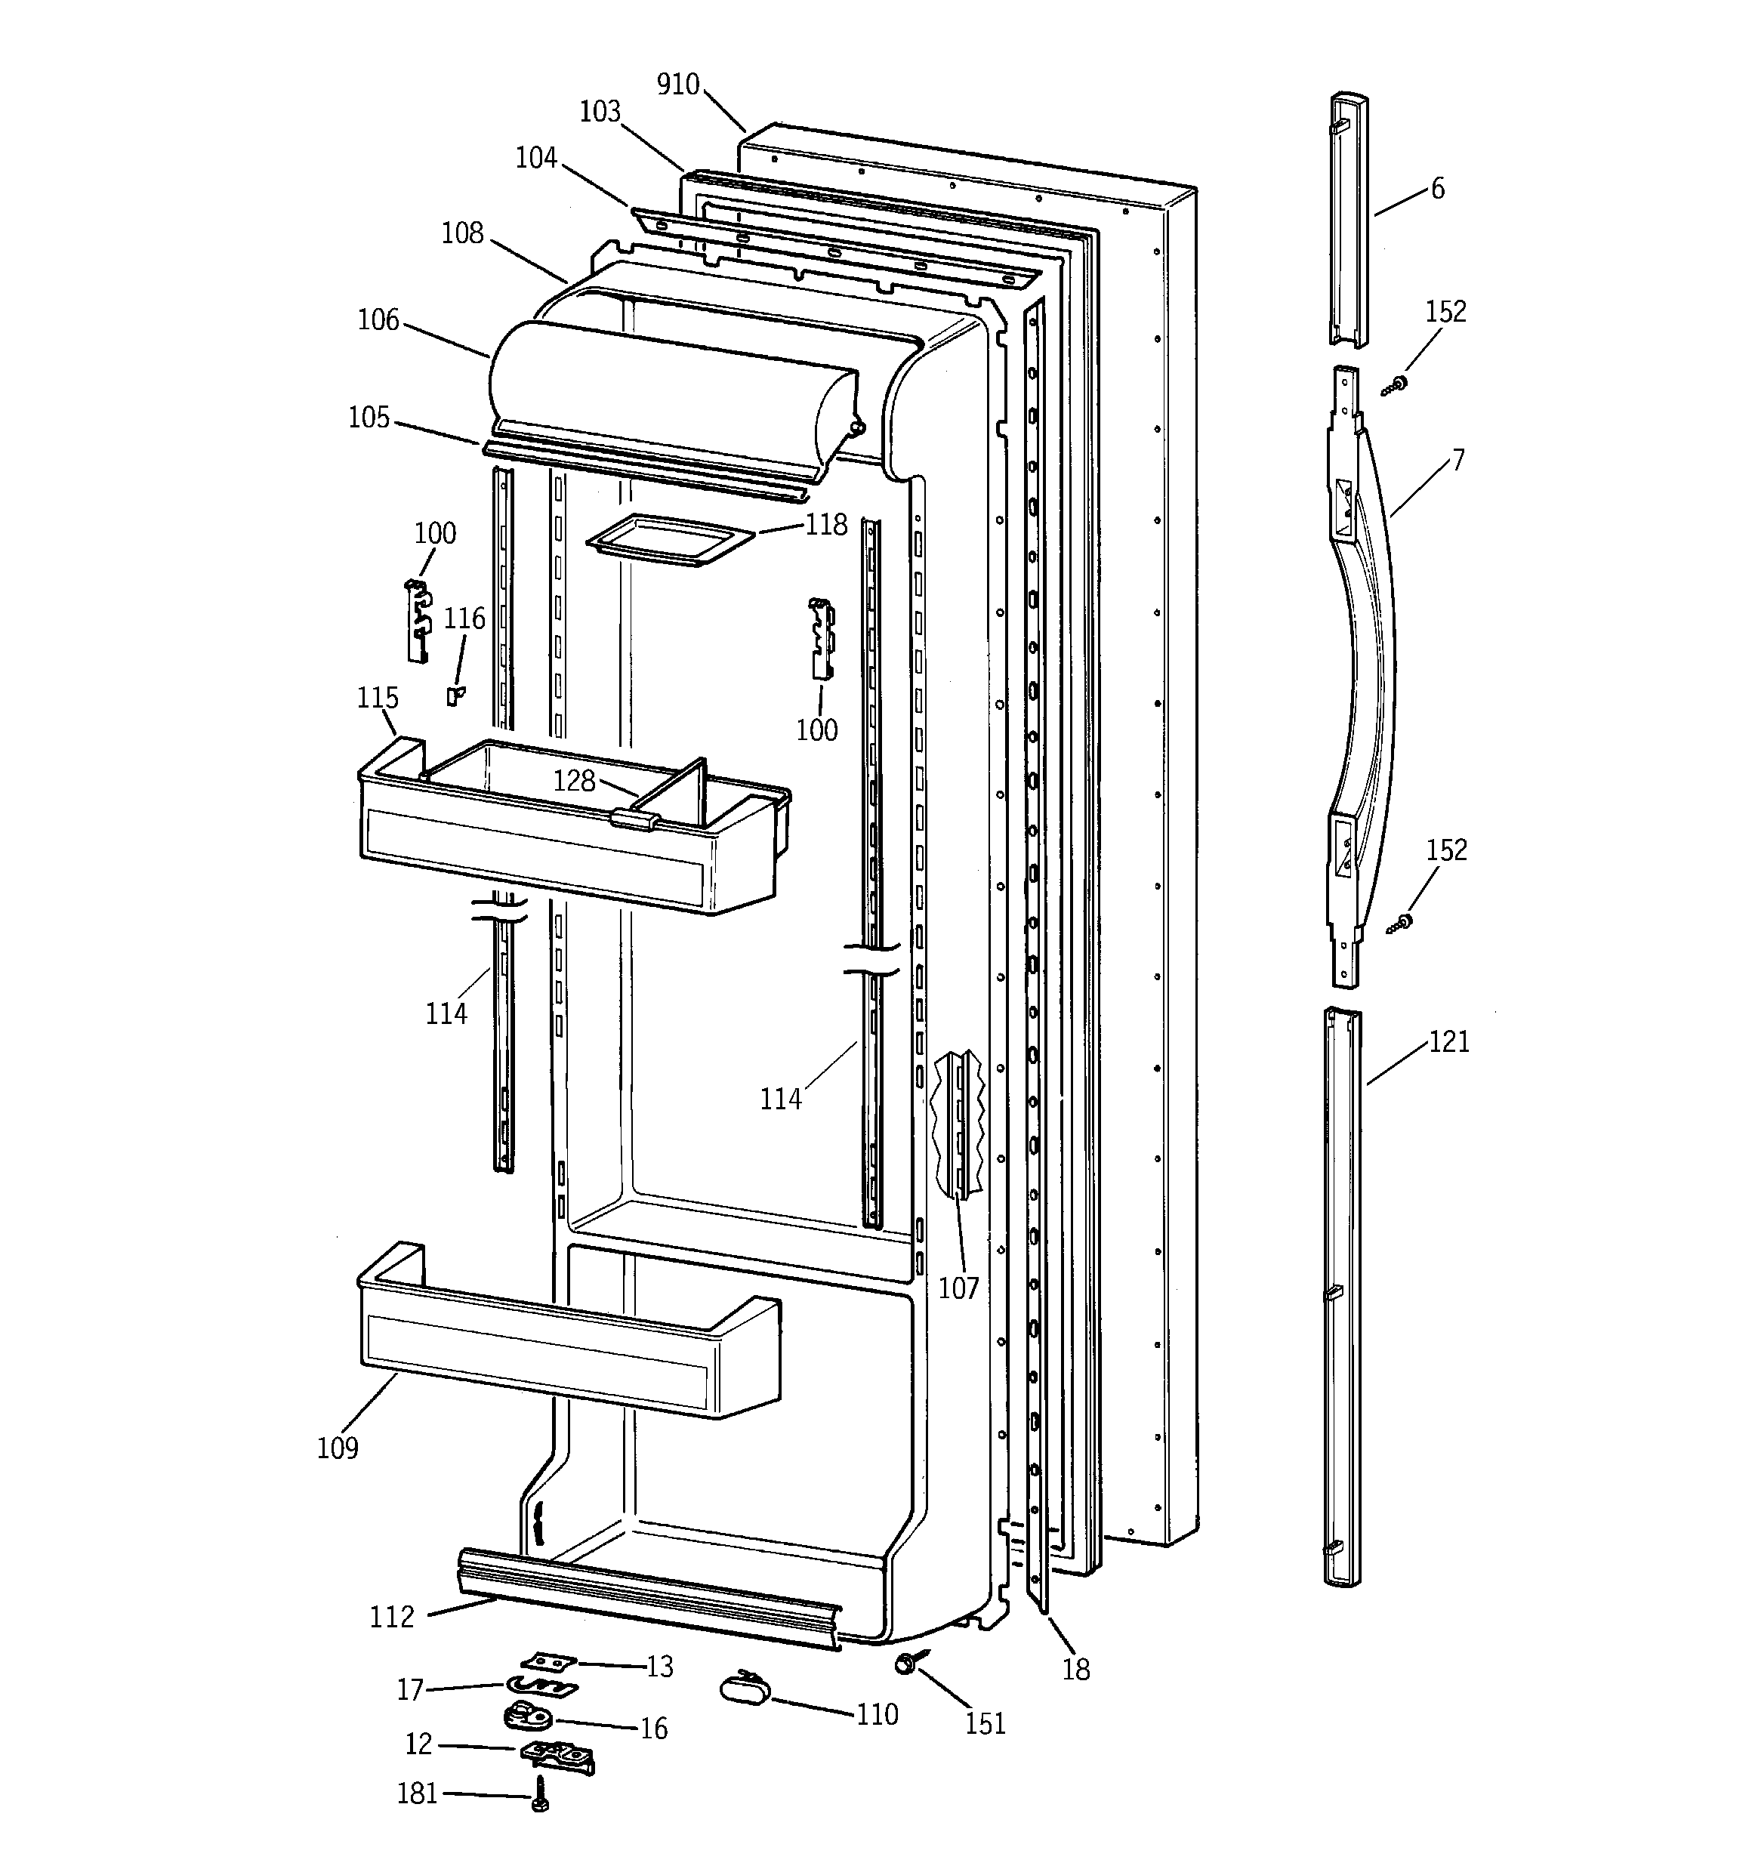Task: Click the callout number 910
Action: click(677, 85)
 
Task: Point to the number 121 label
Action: click(1448, 1041)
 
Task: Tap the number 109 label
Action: click(338, 1448)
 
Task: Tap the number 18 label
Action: click(1076, 1670)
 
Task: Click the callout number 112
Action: click(391, 1617)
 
